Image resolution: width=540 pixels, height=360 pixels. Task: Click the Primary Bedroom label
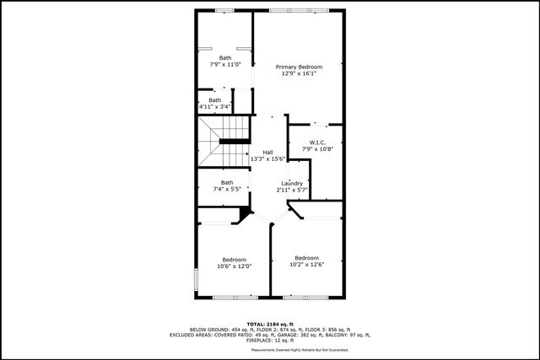pos(299,67)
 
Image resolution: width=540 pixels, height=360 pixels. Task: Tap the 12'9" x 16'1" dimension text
pos(299,73)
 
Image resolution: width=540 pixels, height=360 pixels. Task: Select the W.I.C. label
pos(317,142)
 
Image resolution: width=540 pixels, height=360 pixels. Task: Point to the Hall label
pos(267,152)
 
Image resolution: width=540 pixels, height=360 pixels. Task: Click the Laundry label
pos(292,183)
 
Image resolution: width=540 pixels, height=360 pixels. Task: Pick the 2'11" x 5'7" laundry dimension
pos(292,190)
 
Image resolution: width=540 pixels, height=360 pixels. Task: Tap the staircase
pos(224,143)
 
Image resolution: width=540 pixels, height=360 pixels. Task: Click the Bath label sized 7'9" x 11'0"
pos(225,57)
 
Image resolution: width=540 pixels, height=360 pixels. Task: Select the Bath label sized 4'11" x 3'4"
pos(215,100)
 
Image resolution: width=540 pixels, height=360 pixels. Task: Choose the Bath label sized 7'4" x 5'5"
pos(227,182)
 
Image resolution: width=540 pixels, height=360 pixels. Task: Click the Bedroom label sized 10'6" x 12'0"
pos(234,259)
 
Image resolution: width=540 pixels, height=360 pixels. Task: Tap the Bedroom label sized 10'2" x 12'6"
pos(306,257)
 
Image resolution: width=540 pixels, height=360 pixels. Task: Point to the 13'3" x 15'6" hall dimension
pos(267,159)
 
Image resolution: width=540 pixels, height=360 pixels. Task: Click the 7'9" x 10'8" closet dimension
pos(317,149)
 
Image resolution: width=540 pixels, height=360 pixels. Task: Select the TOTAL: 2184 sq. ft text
pos(270,325)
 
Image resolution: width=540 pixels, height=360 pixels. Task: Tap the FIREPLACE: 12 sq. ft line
pos(270,340)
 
